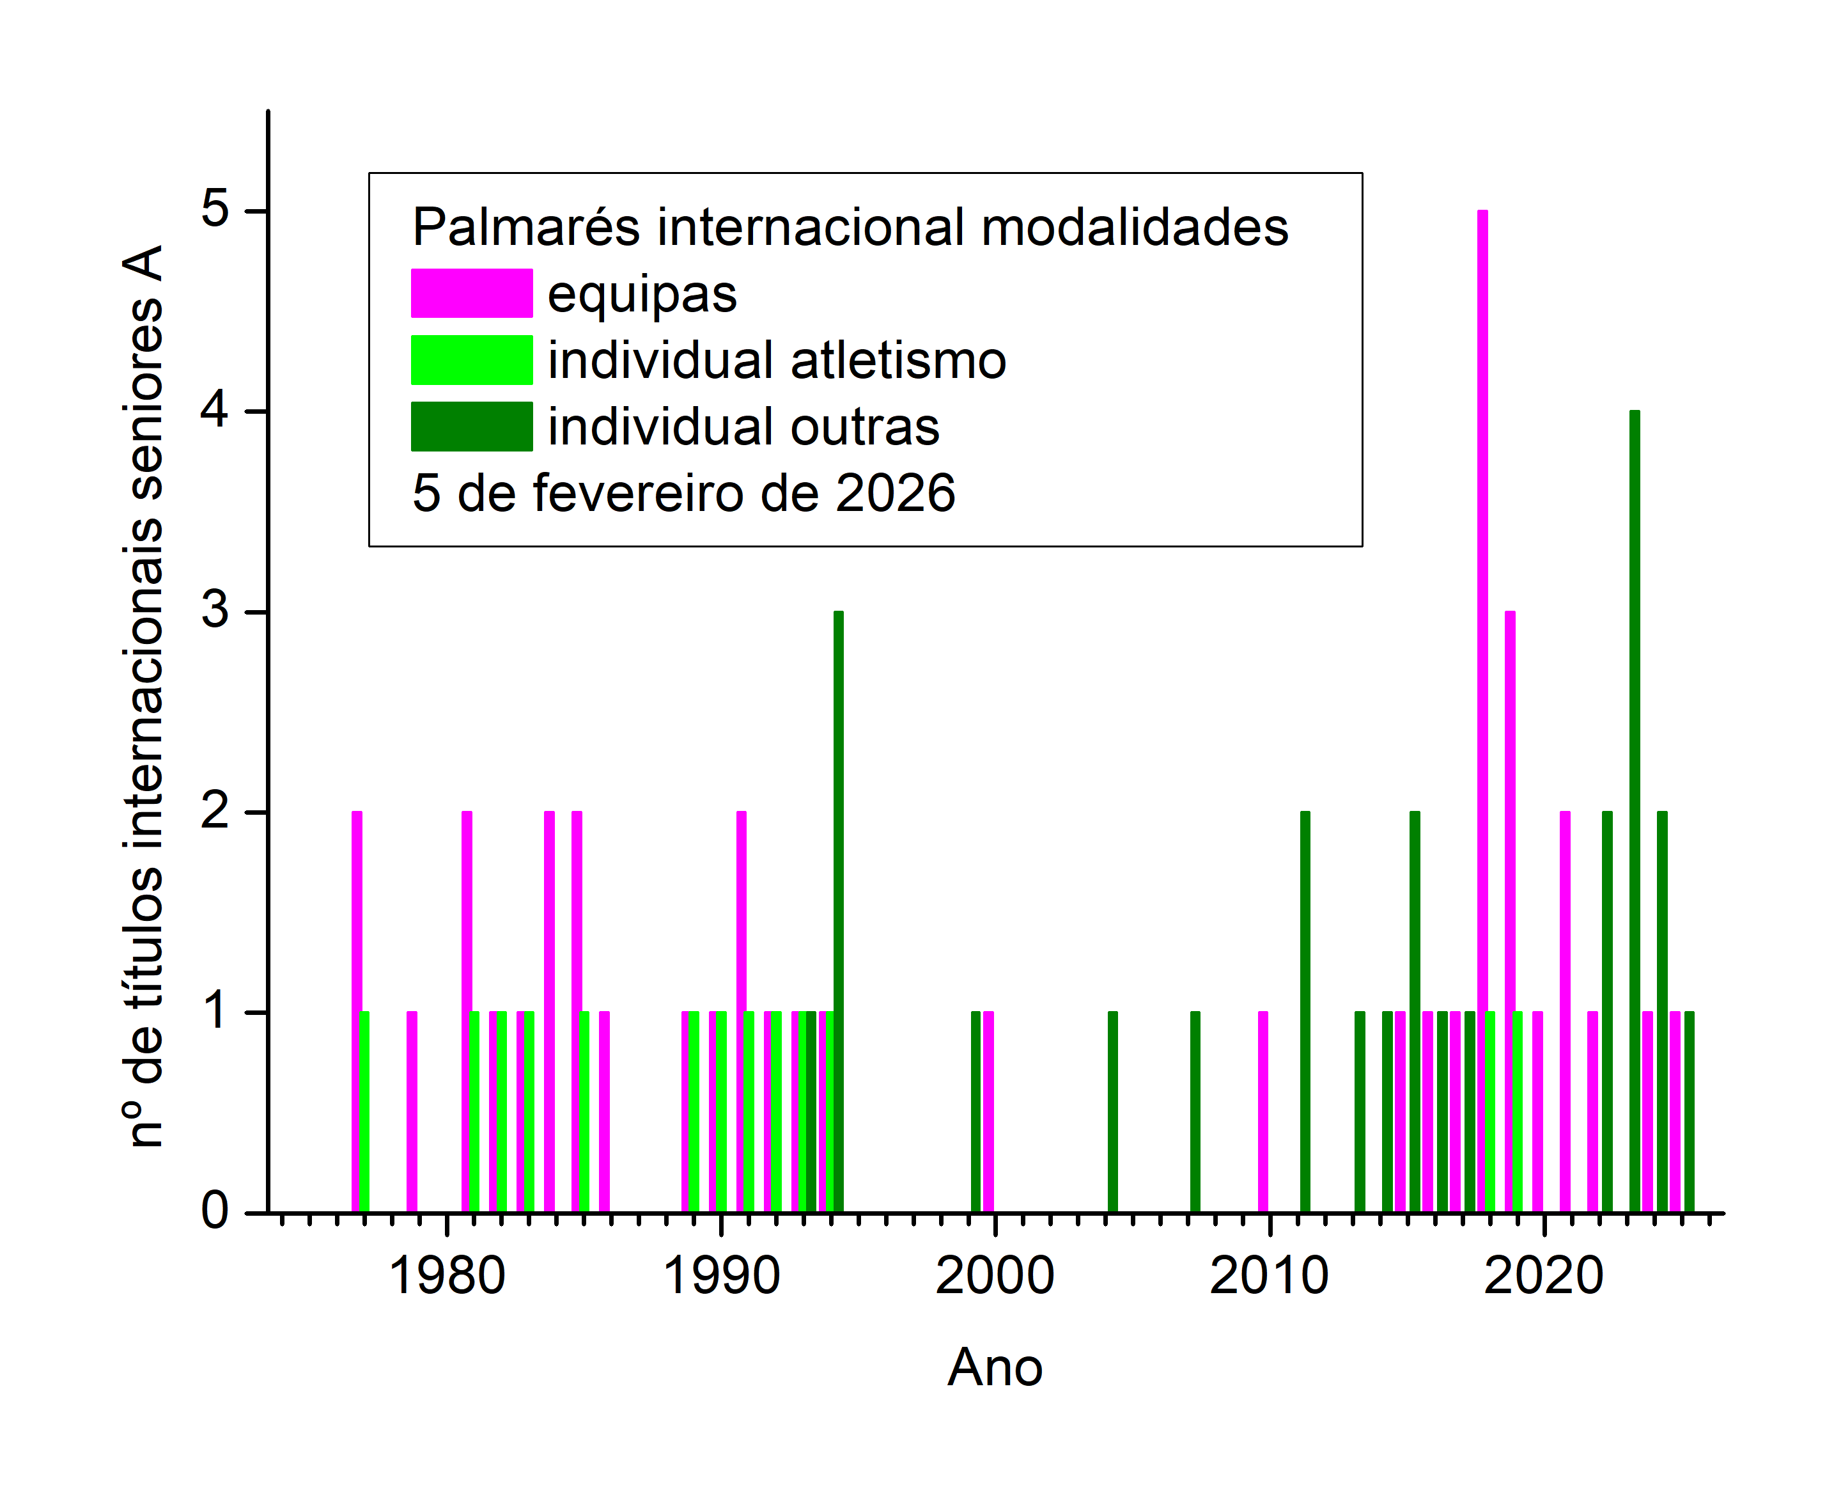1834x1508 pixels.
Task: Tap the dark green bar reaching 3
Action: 838,911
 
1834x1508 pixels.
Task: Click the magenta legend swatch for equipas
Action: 472,293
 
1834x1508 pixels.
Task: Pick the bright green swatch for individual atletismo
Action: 472,359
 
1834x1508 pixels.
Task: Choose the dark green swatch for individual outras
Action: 472,427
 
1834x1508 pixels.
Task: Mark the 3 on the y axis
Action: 215,610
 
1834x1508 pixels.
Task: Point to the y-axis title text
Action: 146,695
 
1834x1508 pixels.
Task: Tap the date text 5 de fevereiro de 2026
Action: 683,494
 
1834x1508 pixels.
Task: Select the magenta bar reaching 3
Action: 1510,911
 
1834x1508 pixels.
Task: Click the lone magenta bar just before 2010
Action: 1263,1112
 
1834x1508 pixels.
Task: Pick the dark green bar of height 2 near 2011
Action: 1304,1012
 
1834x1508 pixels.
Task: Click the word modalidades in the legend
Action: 1135,228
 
